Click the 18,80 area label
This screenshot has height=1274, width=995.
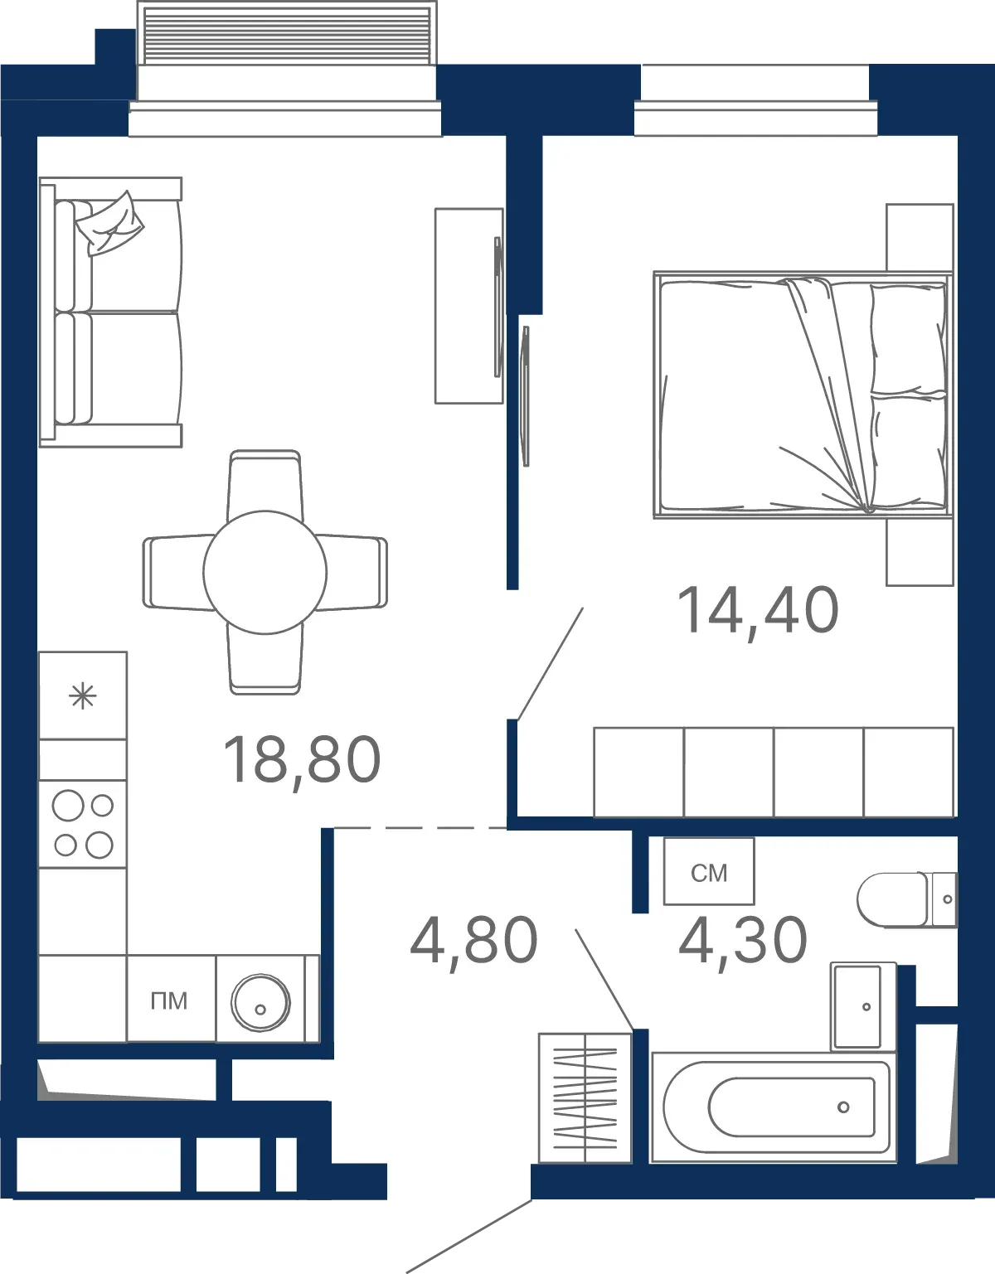(x=302, y=761)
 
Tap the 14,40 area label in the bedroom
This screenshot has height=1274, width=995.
(x=758, y=612)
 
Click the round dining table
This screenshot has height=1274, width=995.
(x=265, y=572)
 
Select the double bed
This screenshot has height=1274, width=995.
(x=803, y=395)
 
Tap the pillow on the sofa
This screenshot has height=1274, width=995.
(x=109, y=223)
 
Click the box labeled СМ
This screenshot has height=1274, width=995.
(x=709, y=871)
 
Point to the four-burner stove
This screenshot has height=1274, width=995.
(x=83, y=824)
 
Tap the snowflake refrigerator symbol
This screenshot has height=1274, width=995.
(x=83, y=696)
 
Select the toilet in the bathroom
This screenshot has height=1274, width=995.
(x=906, y=900)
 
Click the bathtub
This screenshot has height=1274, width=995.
(x=774, y=1107)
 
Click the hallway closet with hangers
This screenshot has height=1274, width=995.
(x=585, y=1098)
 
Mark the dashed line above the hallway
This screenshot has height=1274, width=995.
(x=420, y=828)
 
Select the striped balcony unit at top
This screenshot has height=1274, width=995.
(x=287, y=33)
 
